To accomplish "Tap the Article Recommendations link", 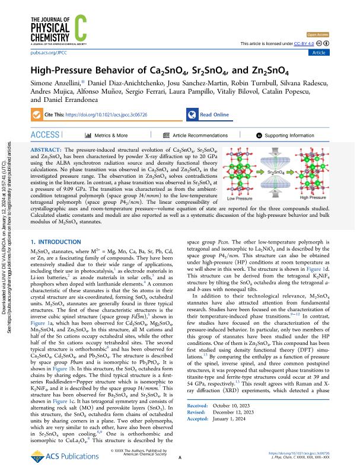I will click(195, 135).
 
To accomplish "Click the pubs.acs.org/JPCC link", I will click(46, 53).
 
